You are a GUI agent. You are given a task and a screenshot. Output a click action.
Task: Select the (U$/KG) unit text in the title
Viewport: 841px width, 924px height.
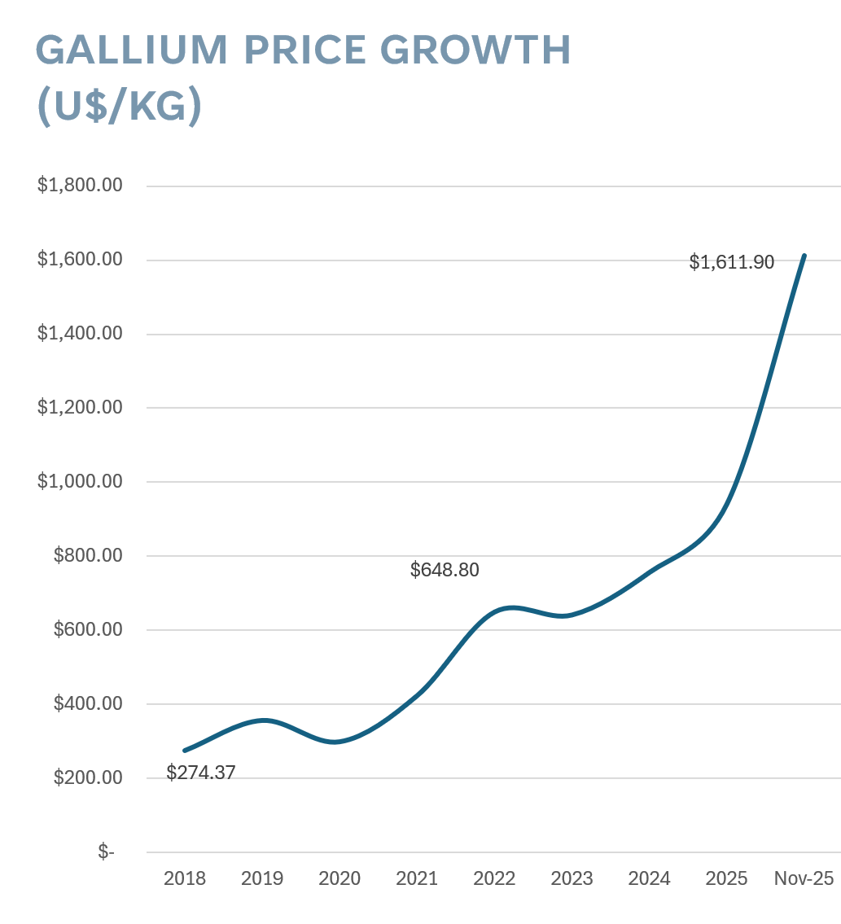tap(119, 107)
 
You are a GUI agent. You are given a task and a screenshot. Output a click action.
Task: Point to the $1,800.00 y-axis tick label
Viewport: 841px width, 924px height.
tap(80, 186)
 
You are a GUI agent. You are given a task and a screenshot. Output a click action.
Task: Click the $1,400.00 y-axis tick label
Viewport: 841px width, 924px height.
tap(80, 334)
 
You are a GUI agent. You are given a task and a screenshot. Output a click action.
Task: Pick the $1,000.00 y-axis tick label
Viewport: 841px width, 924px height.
tap(80, 481)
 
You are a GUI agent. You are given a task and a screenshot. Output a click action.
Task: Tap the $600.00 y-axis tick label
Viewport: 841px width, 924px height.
tap(88, 629)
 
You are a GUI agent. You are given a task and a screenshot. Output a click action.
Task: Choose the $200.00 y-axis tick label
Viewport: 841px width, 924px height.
tap(88, 777)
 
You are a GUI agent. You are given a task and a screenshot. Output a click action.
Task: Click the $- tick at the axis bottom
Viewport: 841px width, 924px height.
tap(106, 852)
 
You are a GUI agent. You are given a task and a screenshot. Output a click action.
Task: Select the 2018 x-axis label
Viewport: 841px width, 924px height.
tap(185, 879)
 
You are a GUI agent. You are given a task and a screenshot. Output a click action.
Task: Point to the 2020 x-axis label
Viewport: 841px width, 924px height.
tap(339, 879)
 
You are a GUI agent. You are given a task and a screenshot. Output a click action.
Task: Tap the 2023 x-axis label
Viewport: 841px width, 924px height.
tap(572, 879)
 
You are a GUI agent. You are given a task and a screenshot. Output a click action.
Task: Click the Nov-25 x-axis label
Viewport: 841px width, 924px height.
tap(804, 879)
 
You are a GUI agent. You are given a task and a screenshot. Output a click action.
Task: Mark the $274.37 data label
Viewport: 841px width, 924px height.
tap(200, 773)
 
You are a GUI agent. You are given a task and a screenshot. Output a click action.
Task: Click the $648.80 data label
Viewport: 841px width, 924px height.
tap(445, 570)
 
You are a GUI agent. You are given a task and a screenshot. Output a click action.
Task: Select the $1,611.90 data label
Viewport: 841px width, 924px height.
tap(731, 262)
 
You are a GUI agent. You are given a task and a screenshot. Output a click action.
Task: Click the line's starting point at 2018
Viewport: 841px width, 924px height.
tap(185, 750)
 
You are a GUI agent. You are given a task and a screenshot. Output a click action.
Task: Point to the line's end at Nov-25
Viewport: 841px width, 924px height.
tap(804, 256)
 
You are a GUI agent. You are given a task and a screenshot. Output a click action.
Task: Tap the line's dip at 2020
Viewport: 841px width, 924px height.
tap(335, 742)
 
